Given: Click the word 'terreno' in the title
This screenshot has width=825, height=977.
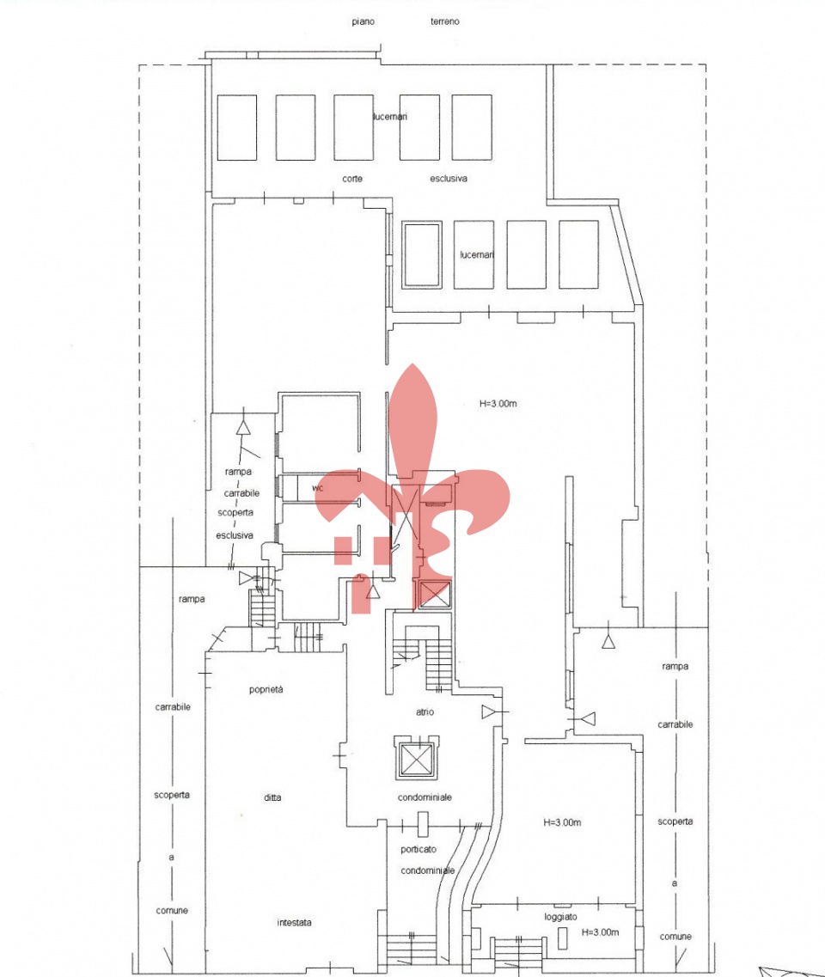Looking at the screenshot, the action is (x=444, y=21).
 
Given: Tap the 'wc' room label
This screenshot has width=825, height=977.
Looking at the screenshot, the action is (x=318, y=488).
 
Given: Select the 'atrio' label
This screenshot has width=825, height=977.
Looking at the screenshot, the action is (x=425, y=711).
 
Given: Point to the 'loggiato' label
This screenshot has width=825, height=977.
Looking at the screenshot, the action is (x=560, y=917).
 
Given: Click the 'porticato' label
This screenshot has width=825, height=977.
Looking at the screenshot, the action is (x=419, y=849).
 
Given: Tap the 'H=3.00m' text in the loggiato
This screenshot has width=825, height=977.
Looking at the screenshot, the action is (x=600, y=932).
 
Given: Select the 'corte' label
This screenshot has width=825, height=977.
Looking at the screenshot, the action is (x=352, y=178).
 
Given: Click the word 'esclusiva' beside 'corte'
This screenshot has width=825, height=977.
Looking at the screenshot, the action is (x=448, y=178).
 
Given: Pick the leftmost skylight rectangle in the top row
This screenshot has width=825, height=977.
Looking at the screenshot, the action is (x=237, y=127).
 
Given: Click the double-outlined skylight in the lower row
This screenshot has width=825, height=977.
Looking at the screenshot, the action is (x=422, y=254).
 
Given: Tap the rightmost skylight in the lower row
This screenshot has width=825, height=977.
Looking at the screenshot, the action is (x=579, y=254).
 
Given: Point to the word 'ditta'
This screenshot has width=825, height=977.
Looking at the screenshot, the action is (x=272, y=797).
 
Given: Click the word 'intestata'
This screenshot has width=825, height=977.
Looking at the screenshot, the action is (x=294, y=922).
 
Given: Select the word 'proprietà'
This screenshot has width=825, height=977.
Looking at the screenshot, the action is (x=266, y=690).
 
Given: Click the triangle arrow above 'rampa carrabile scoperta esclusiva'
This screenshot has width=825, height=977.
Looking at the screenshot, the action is (x=243, y=427).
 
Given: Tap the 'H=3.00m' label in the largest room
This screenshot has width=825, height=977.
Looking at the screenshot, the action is (x=498, y=403).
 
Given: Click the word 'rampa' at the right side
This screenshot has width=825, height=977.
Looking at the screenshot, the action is (x=675, y=666).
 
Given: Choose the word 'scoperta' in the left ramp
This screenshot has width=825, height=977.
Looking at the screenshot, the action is (x=172, y=795).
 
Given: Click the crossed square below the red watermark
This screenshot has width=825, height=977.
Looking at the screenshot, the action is (x=432, y=594).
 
